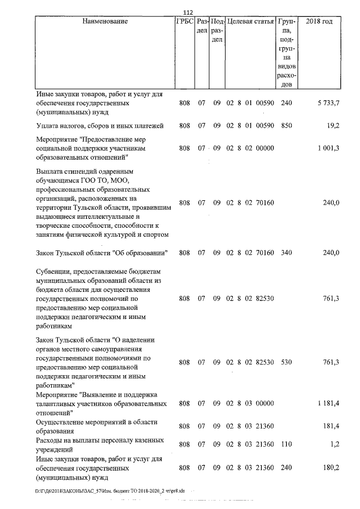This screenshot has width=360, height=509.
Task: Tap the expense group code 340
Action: [x=286, y=253]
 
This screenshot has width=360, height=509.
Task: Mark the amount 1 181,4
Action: [x=327, y=403]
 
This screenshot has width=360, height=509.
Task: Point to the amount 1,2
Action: [x=335, y=444]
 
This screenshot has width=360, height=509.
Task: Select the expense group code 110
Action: [x=286, y=444]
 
